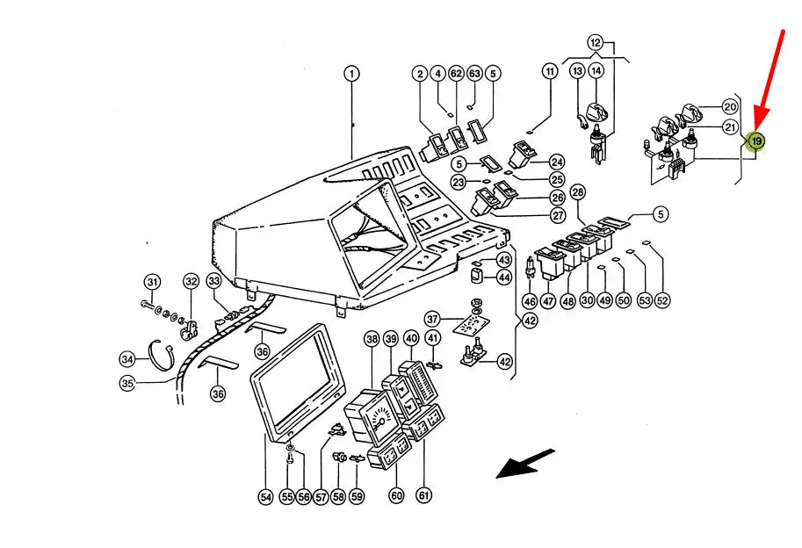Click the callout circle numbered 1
[351, 74]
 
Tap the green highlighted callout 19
[755, 141]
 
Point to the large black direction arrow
[525, 464]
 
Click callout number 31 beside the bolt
[153, 282]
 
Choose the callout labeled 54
[265, 497]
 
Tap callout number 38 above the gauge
[372, 339]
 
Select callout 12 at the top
[596, 42]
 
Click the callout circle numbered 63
[474, 74]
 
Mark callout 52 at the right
[662, 300]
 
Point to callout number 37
[432, 318]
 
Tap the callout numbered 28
[577, 192]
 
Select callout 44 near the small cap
[503, 278]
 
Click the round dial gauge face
[380, 420]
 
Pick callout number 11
[550, 70]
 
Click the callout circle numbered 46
[530, 300]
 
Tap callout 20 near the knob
[730, 106]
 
